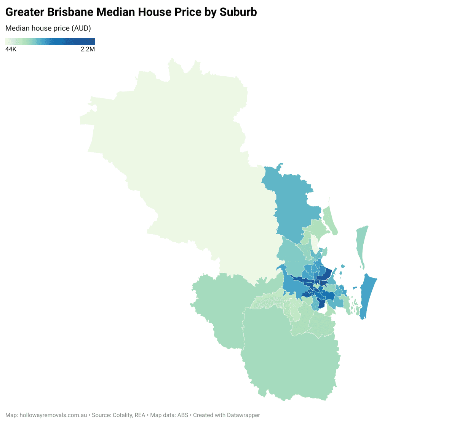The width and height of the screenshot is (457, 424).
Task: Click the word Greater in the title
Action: tap(25, 12)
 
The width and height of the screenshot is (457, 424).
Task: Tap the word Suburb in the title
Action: tap(238, 12)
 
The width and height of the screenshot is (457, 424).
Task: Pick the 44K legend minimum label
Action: tap(11, 50)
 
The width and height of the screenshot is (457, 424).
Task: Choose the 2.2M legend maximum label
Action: tap(88, 50)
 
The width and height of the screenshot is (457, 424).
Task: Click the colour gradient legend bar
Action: tap(50, 42)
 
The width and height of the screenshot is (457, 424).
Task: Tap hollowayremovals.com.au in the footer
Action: tap(53, 415)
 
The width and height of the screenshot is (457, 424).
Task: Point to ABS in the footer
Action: tap(183, 415)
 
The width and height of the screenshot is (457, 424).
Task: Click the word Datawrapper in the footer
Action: tap(243, 415)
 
